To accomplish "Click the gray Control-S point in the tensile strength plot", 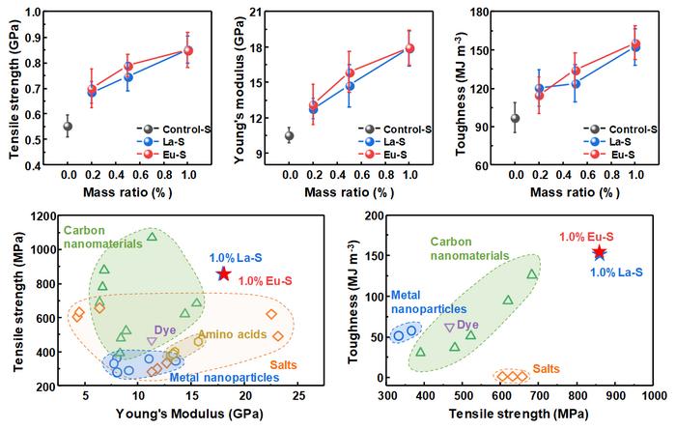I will point(68,127).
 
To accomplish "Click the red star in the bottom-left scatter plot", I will point(223,274).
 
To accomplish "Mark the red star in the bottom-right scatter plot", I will point(600,252).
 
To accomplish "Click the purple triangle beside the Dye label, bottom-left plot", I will point(152,341).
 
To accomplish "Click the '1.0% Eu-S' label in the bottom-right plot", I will point(593,236).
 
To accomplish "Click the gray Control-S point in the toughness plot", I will point(516,119).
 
